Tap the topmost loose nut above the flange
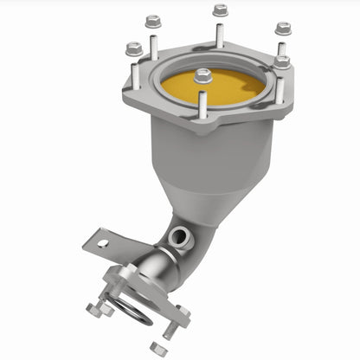[220, 11]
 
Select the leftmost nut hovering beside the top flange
[133, 49]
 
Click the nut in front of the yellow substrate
[203, 76]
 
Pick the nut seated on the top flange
[282, 62]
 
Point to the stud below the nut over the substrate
[203, 104]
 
